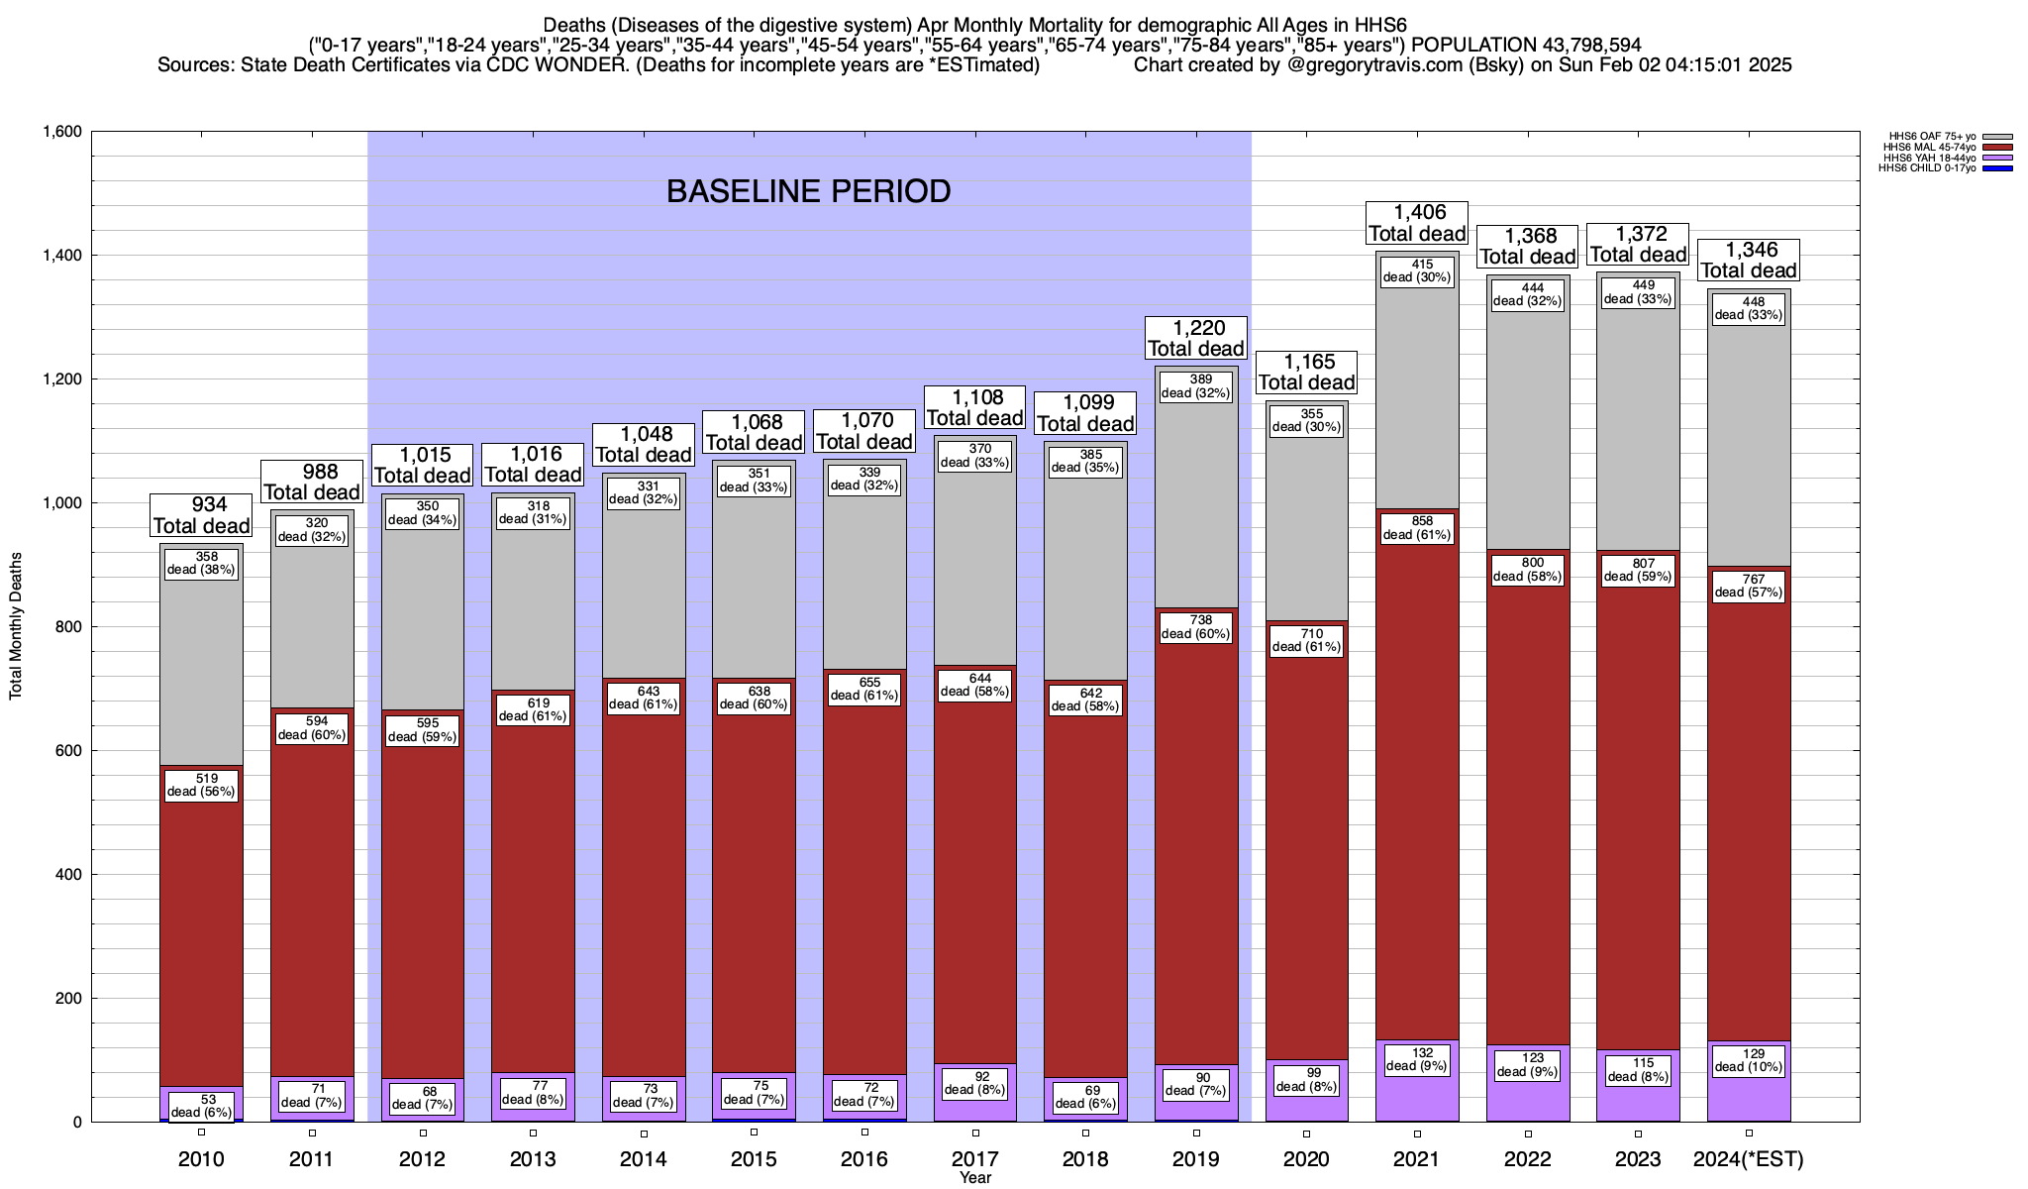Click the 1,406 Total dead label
(1417, 223)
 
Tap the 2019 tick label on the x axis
(1196, 1159)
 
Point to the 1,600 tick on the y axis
(61, 132)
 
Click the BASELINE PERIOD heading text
(808, 191)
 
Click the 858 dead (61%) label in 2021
(1417, 528)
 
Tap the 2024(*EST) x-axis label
(1749, 1159)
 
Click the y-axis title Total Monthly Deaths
(16, 626)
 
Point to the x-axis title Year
(975, 1178)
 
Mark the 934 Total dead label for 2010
(202, 516)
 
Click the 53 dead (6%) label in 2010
(202, 1106)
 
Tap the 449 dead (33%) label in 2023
(1638, 292)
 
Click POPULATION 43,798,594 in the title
(1526, 45)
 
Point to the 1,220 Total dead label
(1196, 338)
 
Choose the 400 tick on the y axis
(68, 875)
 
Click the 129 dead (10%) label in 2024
(1749, 1060)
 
